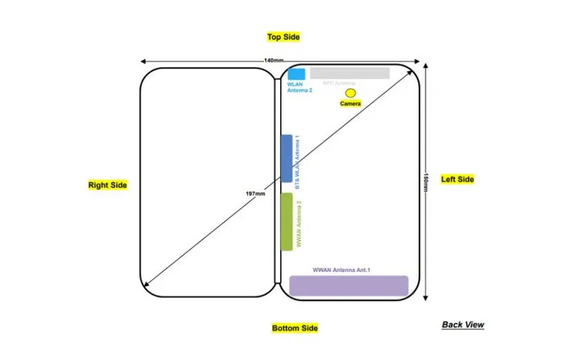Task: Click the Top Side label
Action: tap(283, 37)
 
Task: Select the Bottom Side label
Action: tap(295, 328)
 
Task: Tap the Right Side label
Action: tap(108, 185)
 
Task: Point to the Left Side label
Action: tap(457, 179)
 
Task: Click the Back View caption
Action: tap(463, 324)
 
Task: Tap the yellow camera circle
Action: tap(350, 92)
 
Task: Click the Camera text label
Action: tap(350, 103)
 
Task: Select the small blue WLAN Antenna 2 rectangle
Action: tap(297, 74)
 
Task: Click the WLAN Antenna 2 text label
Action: tap(300, 88)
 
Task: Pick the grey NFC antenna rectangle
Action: tap(350, 73)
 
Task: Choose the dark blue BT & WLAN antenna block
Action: tap(286, 159)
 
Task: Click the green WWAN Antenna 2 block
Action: tap(286, 221)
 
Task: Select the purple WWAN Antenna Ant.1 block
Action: tap(348, 286)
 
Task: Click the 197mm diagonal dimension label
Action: tap(255, 194)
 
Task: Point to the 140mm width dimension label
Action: tap(273, 61)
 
